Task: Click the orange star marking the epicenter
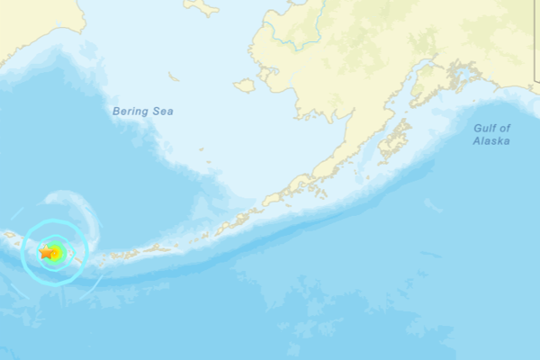coord(47,253)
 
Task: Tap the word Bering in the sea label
coord(129,112)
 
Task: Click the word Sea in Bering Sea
coord(163,112)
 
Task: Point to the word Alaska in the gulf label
coord(492,141)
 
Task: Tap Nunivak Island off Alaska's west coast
coord(244,85)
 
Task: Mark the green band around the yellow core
coord(61,249)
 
